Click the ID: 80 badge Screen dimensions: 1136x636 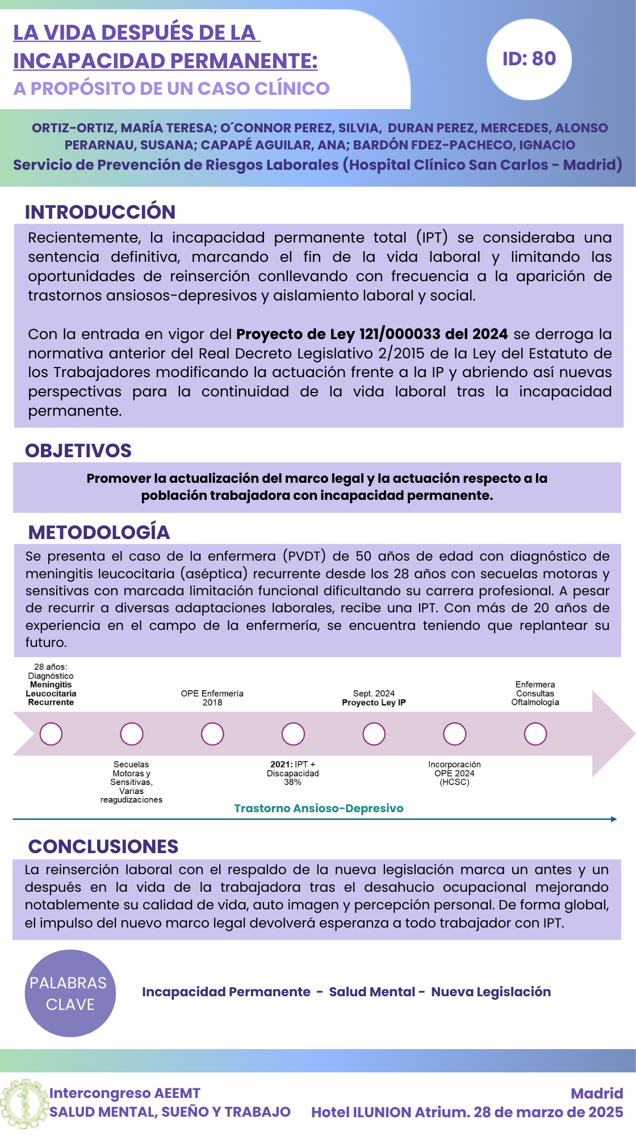[529, 59]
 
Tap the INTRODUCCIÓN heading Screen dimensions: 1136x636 [100, 212]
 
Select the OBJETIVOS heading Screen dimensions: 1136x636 [78, 450]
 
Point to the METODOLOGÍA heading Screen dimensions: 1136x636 [99, 532]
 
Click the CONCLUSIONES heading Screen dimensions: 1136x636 [103, 846]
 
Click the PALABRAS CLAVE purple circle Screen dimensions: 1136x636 [70, 993]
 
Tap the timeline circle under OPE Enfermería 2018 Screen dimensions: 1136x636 [212, 734]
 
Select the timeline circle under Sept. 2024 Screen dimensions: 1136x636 [374, 734]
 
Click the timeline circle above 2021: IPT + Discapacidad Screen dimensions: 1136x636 [293, 734]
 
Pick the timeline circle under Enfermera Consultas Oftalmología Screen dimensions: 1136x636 [535, 734]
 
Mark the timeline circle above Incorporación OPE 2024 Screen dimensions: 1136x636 [454, 734]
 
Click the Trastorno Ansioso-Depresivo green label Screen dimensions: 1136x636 [319, 808]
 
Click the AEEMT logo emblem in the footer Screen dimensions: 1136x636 [23, 1104]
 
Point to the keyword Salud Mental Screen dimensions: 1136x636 [372, 992]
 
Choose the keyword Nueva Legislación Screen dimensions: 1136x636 [491, 992]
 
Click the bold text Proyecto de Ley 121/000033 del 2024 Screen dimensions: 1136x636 [372, 334]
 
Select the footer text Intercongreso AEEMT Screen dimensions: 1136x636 [124, 1093]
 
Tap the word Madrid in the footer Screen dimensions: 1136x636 [596, 1093]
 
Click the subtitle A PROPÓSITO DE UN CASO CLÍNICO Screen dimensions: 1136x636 [171, 89]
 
